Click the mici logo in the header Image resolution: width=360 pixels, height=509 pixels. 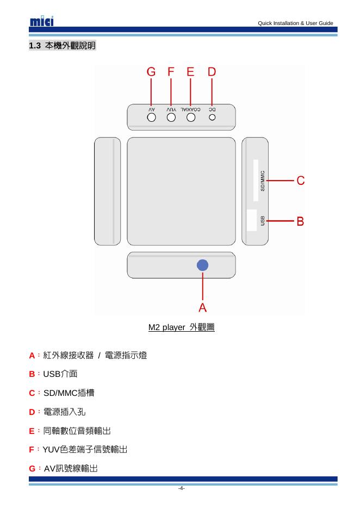pos(42,21)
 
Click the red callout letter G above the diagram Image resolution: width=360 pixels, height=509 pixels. pos(151,72)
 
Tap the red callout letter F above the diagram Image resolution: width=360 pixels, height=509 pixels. pos(171,72)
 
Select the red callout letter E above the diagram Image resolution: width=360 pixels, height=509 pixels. pos(190,72)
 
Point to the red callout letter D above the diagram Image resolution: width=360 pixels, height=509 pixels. pos(212,72)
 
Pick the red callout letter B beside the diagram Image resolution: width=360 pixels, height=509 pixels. pos(300,221)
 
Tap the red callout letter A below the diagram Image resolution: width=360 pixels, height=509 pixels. pos(202,308)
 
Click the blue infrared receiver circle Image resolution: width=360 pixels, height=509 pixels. pos(203,265)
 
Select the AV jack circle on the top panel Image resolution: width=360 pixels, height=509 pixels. pos(152,116)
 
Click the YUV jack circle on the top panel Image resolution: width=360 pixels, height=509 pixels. pos(171,116)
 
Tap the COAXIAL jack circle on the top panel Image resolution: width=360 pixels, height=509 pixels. pos(191,116)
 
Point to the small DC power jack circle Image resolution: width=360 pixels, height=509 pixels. pos(213,116)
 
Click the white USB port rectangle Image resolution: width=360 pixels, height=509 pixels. pos(252,220)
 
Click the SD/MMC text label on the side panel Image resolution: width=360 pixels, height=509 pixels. pos(263,180)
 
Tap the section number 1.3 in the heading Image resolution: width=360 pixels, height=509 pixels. pos(35,46)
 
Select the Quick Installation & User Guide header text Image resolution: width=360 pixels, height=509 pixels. pos(295,23)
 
